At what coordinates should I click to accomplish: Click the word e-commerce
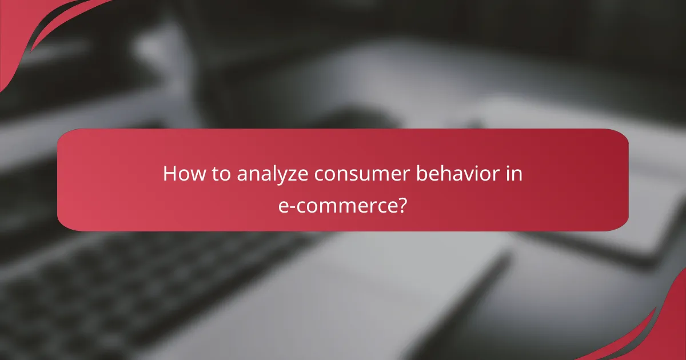[337, 206]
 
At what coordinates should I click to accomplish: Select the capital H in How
[169, 173]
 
